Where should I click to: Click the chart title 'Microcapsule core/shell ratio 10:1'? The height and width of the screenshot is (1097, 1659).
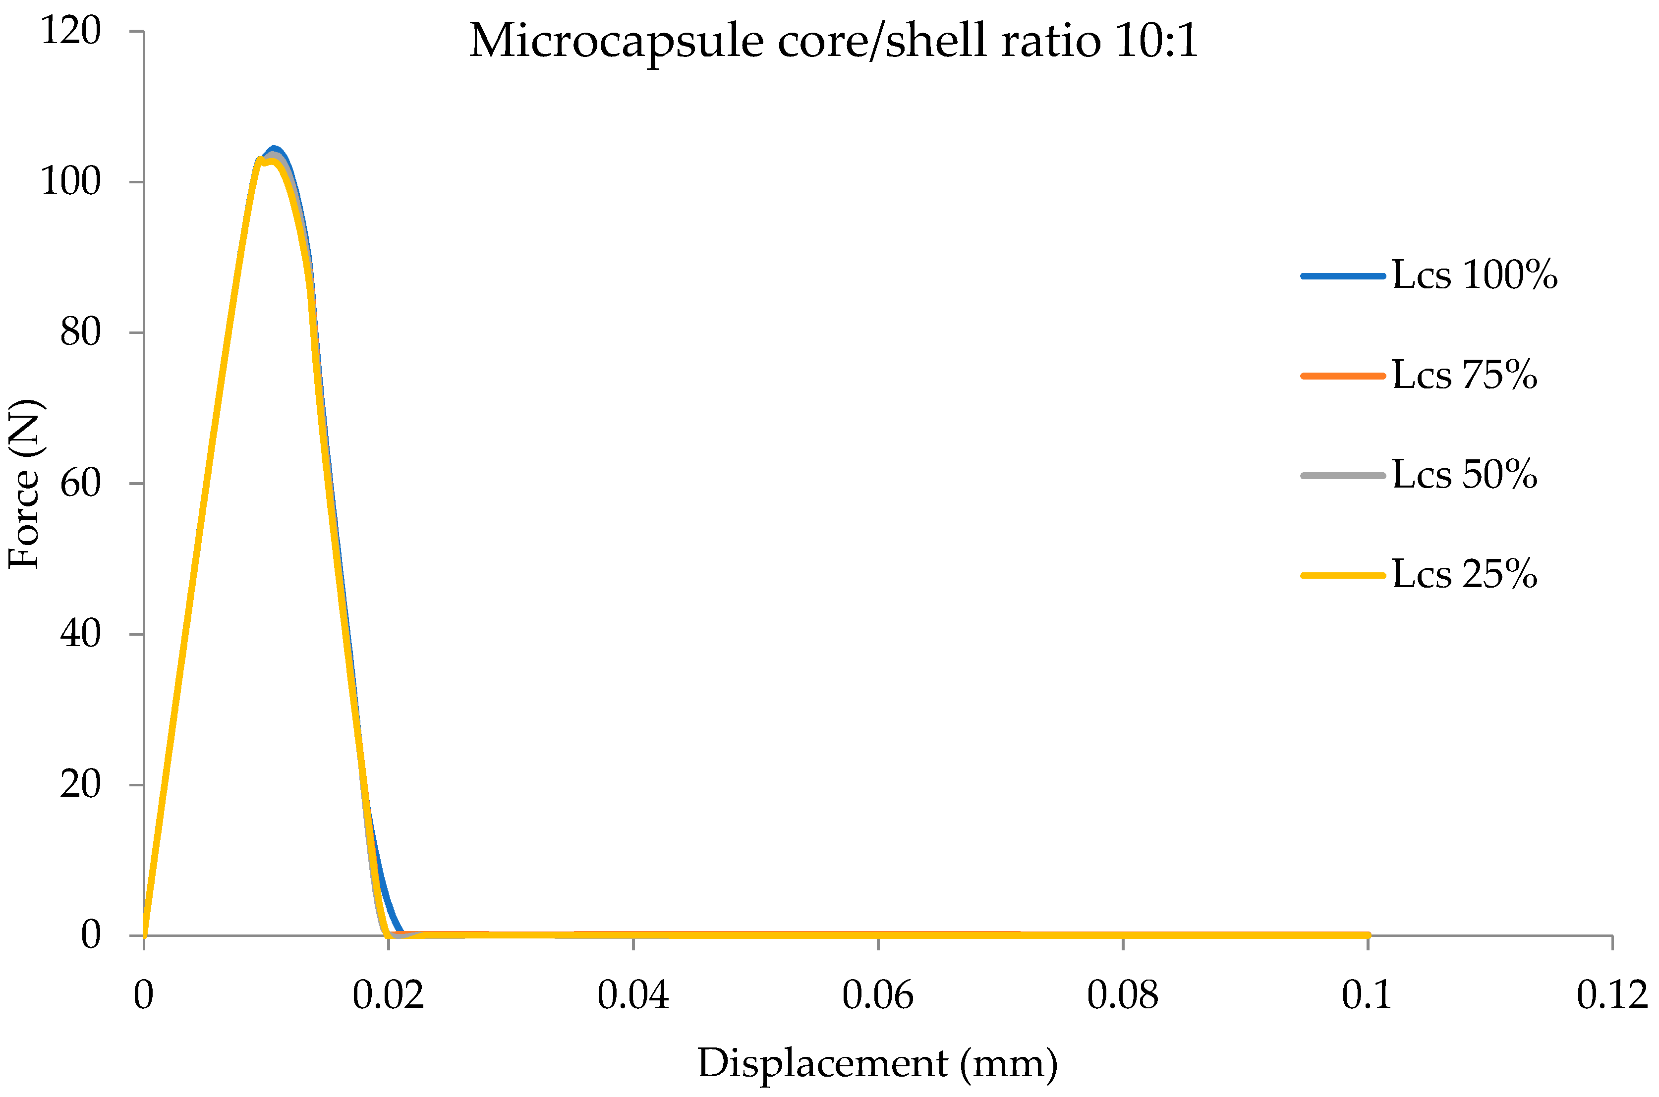pos(833,41)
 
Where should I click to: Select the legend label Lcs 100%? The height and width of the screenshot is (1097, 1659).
pos(1474,275)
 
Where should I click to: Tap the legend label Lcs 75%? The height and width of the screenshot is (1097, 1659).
pos(1464,376)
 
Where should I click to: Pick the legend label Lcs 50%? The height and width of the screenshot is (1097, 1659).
pos(1464,475)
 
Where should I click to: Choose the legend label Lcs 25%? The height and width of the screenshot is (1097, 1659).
pos(1464,575)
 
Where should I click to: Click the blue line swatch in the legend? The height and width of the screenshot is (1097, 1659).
pos(1342,276)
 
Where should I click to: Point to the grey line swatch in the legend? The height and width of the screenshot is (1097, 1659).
pos(1342,476)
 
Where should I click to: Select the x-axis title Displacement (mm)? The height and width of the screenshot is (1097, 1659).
pos(877,1063)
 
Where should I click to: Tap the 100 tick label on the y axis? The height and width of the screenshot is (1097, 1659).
pos(71,182)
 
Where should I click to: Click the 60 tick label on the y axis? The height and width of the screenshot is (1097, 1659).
pos(80,484)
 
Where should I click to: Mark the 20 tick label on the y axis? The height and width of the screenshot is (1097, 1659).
pos(80,784)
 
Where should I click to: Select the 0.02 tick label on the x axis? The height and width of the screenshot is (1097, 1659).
pos(388,995)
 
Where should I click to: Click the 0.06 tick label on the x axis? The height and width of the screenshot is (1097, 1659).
pos(877,995)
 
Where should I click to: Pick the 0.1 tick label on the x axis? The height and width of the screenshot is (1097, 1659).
pos(1367,995)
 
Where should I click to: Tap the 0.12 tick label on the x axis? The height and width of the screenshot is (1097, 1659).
pos(1611,995)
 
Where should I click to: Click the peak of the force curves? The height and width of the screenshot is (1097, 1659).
pos(274,150)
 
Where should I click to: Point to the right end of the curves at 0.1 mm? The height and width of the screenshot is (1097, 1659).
pos(1367,934)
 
